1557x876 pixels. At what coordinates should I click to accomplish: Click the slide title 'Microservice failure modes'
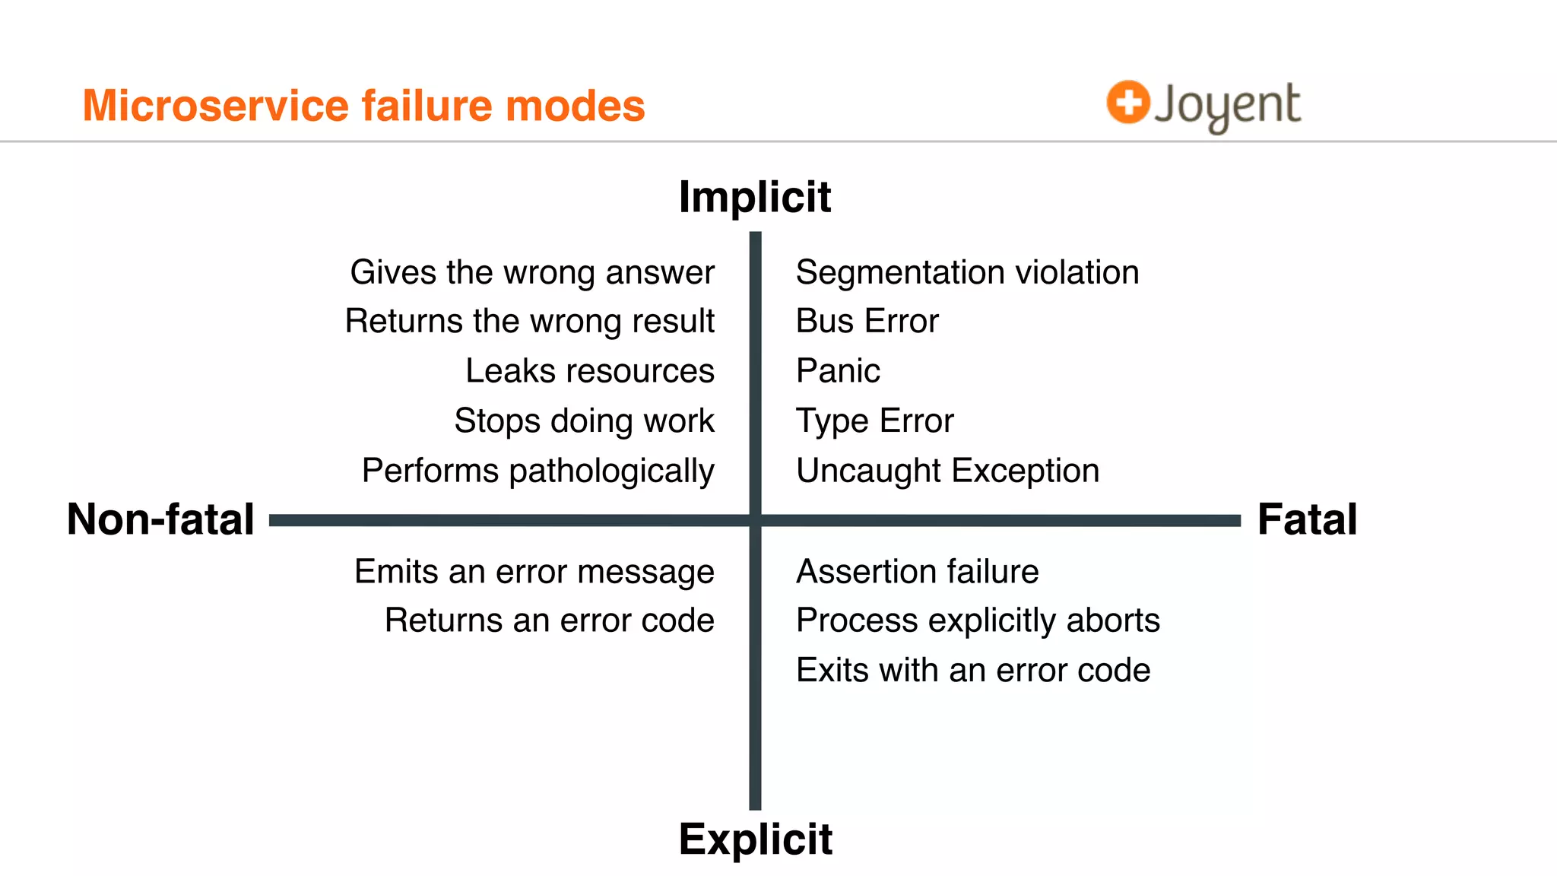[363, 105]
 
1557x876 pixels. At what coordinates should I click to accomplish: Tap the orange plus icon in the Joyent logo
[1127, 102]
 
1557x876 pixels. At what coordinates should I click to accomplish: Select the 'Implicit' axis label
[755, 197]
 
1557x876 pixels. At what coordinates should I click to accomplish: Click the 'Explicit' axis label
[755, 839]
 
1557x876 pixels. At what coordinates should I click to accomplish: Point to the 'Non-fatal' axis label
[160, 519]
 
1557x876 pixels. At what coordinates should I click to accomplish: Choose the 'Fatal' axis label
[1307, 519]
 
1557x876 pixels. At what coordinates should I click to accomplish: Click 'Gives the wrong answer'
[532, 272]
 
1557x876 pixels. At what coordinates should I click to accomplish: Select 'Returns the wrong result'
[529, 321]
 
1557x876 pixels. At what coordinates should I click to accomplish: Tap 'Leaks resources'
[589, 371]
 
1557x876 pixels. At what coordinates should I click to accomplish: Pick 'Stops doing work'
[584, 421]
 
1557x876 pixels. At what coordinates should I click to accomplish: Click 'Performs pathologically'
[537, 471]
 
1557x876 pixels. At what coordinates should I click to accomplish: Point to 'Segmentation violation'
[967, 272]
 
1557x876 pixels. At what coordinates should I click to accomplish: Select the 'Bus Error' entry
[867, 321]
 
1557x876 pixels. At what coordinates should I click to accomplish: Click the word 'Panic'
[838, 371]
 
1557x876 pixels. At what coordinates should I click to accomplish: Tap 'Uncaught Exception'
[947, 471]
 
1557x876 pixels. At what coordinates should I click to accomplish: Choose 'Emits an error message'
[534, 571]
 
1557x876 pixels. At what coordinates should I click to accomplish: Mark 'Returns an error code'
[549, 620]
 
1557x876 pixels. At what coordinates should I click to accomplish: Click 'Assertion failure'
[917, 571]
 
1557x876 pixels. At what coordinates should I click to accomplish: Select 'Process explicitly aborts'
[978, 620]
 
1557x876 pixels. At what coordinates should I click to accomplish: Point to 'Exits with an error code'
[973, 670]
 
